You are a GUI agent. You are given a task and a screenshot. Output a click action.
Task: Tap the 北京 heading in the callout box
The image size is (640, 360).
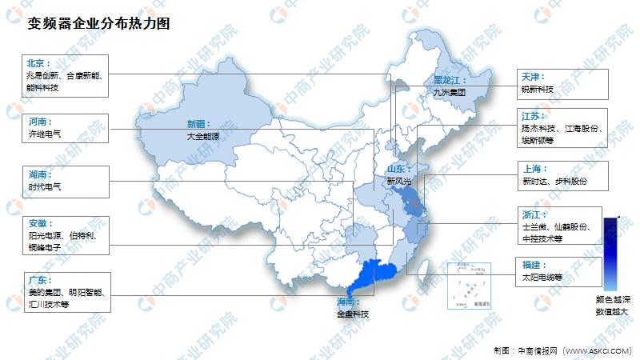click(x=38, y=62)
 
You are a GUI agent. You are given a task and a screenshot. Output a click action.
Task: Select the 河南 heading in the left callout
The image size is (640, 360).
click(x=38, y=122)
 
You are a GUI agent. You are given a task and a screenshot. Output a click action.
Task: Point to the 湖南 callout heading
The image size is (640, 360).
click(x=38, y=174)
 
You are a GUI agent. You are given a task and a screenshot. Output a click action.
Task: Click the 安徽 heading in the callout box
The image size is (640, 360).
click(x=38, y=224)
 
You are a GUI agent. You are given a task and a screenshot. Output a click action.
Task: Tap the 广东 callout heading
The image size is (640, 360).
click(x=38, y=279)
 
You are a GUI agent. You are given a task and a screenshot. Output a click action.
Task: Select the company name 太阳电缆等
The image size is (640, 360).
click(x=544, y=277)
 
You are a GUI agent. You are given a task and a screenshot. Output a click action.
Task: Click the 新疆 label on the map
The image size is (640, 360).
click(x=198, y=124)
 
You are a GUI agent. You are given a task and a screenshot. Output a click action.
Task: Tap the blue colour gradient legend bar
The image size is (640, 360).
click(x=610, y=253)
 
